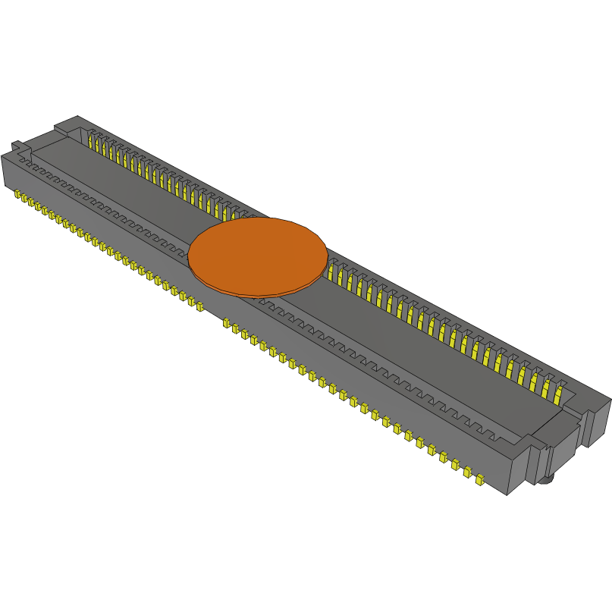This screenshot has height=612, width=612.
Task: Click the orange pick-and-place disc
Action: [258, 254]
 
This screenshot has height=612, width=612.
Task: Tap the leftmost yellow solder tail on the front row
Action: [17, 195]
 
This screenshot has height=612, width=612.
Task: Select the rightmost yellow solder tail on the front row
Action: [479, 479]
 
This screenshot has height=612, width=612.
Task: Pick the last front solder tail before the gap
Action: [200, 307]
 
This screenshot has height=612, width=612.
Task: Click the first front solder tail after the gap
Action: [226, 323]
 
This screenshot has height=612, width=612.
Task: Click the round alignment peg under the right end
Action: [548, 480]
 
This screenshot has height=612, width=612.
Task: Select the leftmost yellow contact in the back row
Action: [91, 142]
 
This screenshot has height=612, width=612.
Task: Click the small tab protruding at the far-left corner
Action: [17, 145]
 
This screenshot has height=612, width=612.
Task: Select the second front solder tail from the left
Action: [24, 199]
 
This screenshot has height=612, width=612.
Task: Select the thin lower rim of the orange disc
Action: [258, 293]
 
